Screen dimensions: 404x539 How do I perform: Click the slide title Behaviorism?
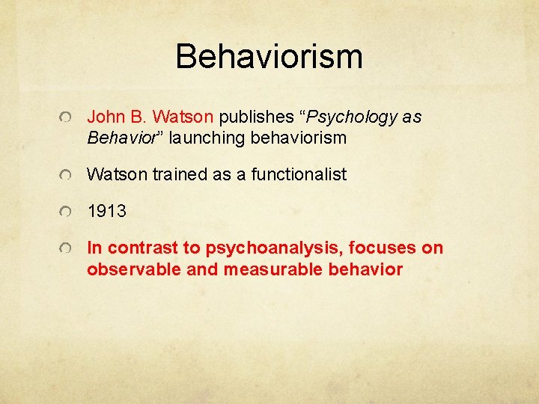pos(269,57)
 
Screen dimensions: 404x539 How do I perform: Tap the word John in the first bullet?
pos(104,117)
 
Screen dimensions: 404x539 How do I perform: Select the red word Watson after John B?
pos(184,117)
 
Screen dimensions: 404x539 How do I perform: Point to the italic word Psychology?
pos(350,117)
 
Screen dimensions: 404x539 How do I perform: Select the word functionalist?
pos(299,175)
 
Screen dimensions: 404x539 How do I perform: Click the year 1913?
pos(106,212)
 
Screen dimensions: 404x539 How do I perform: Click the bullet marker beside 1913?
pos(67,212)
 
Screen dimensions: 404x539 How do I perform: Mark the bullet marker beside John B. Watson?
pos(67,118)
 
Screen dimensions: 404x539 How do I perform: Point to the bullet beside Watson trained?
pos(67,176)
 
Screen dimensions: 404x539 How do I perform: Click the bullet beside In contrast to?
pos(67,249)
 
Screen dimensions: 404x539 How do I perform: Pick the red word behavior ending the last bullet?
pos(366,269)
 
